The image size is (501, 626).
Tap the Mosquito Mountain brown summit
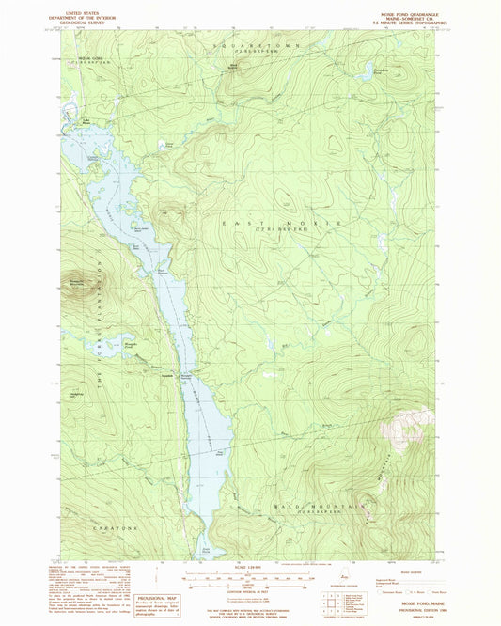click(78, 282)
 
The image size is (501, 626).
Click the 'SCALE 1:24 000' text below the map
click(251, 568)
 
